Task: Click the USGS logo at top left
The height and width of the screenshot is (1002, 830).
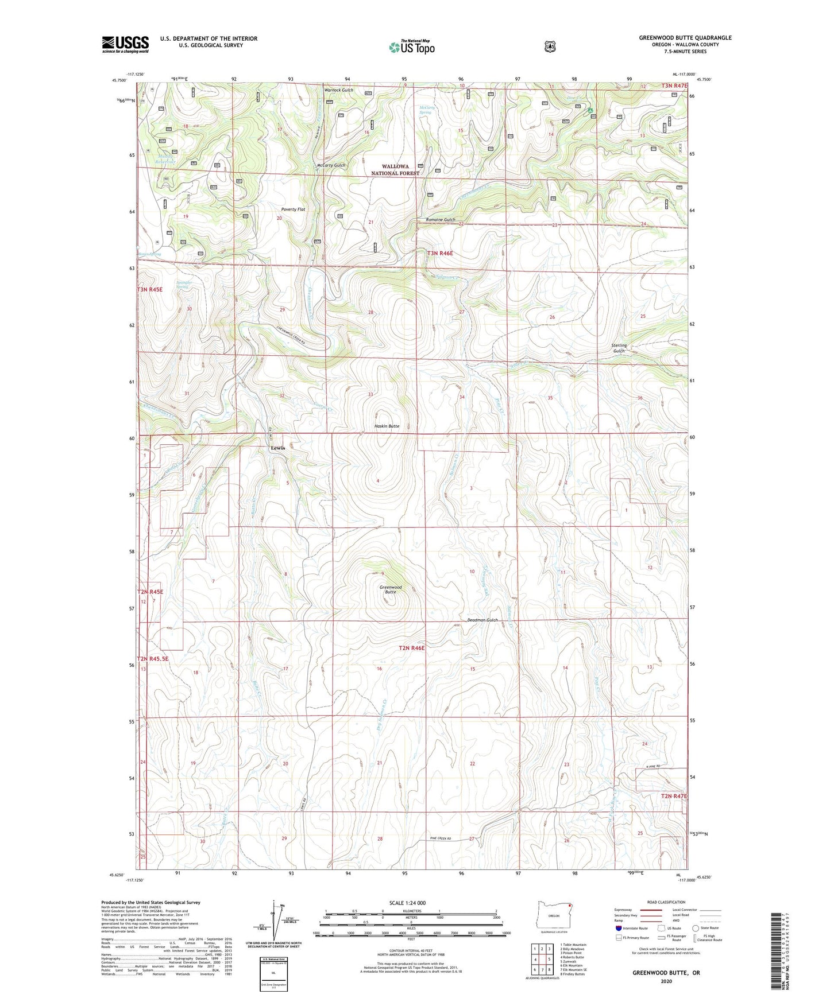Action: tap(125, 44)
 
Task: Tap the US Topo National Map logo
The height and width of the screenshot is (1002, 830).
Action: tap(411, 47)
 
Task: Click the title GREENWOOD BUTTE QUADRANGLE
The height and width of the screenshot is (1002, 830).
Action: tap(685, 38)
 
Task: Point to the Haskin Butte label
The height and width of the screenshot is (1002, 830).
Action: tap(387, 426)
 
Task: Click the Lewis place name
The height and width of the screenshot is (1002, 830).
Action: tap(278, 448)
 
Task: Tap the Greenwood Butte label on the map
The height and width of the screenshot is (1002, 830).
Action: tap(391, 589)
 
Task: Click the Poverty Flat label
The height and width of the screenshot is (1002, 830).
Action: tap(293, 209)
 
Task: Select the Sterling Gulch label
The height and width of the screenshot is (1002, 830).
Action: tap(619, 348)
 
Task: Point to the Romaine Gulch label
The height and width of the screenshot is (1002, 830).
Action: tap(441, 220)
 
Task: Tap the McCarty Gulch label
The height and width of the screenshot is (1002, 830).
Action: tap(331, 165)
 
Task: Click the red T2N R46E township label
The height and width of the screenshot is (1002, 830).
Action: tap(411, 648)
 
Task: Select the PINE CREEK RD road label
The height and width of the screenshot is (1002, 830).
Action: tap(441, 838)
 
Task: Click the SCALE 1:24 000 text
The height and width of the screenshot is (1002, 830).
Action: tap(407, 903)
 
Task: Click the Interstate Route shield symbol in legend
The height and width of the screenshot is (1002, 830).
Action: tap(619, 927)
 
